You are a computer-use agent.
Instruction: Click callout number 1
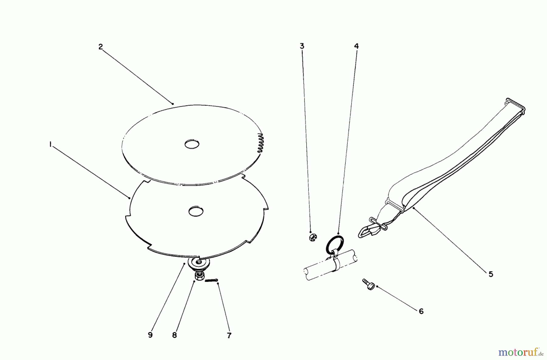point(50,145)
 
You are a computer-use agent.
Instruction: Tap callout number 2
point(101,47)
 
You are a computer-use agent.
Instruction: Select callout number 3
point(302,46)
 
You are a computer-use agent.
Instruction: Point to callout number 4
point(356,46)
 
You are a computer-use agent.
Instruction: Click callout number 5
point(491,274)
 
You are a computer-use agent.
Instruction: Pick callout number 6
point(421,311)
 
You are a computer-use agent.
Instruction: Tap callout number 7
point(229,335)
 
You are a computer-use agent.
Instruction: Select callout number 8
point(174,335)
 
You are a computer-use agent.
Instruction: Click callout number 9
point(150,335)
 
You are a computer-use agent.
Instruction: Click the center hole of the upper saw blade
point(192,144)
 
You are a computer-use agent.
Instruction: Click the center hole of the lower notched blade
point(196,211)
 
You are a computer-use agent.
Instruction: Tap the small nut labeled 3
point(312,237)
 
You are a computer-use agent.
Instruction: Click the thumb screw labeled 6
point(369,284)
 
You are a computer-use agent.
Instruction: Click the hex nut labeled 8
point(199,276)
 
